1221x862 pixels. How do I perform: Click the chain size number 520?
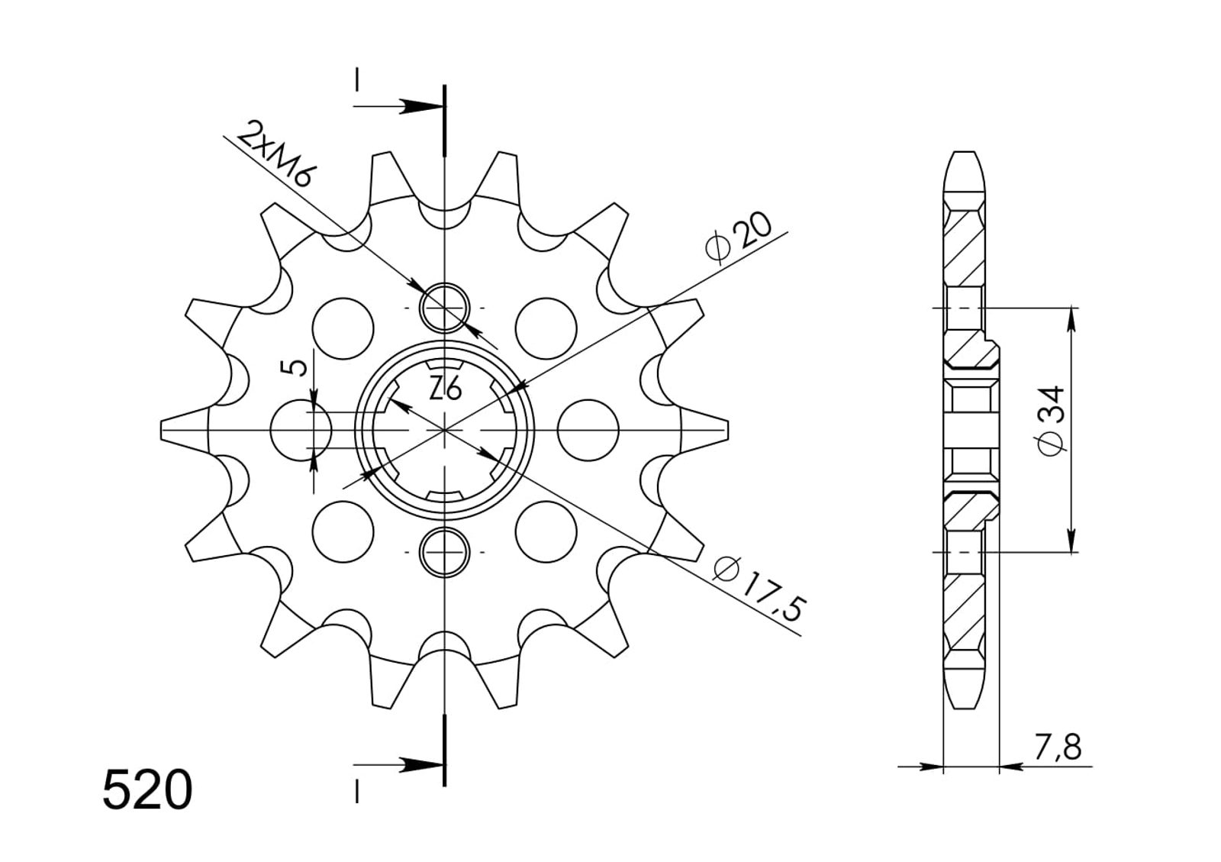click(147, 789)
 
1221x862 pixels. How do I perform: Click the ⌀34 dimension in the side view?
click(1051, 421)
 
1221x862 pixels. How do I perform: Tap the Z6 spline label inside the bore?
click(446, 390)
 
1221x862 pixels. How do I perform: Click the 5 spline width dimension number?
click(293, 368)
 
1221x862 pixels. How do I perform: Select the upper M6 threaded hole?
click(445, 308)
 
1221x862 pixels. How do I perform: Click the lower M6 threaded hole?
click(445, 552)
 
